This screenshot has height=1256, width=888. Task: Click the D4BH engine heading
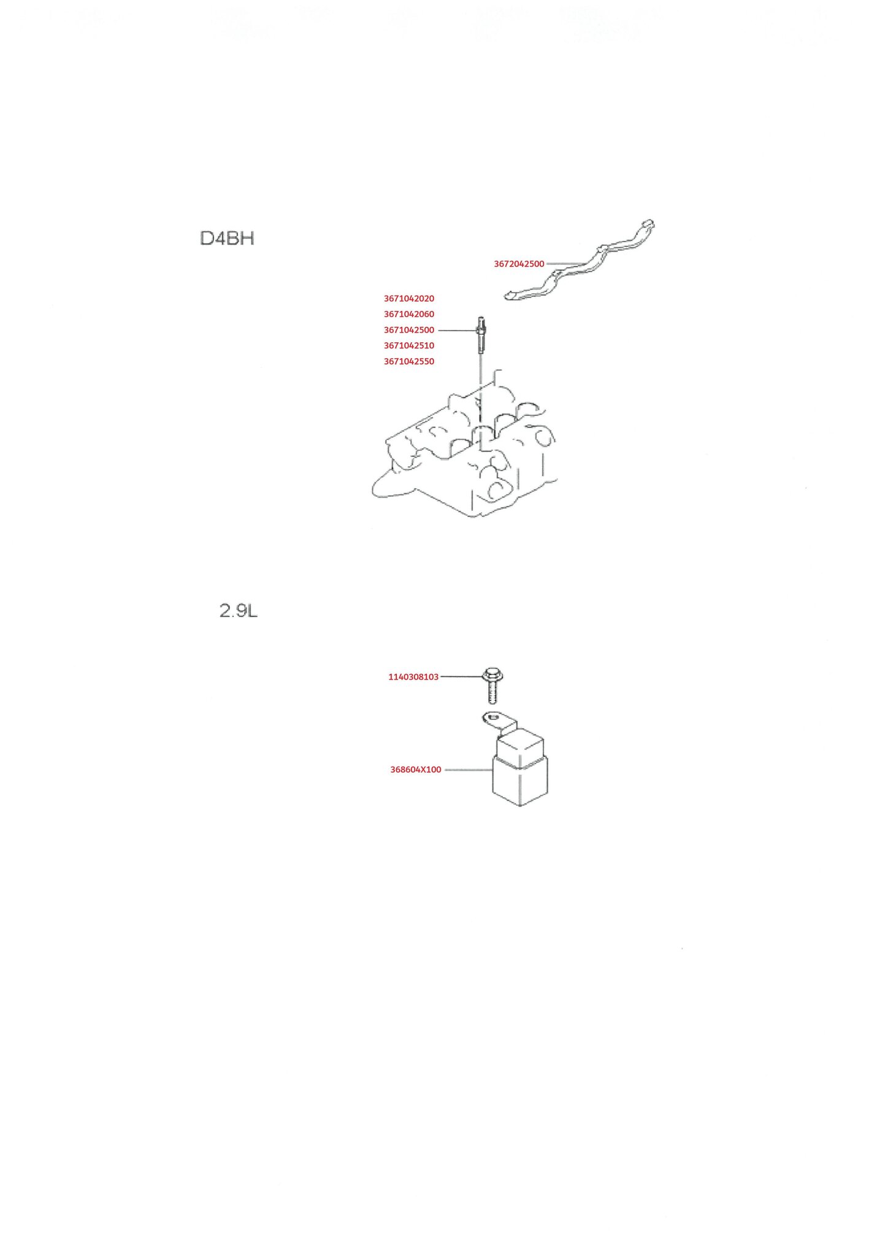click(227, 239)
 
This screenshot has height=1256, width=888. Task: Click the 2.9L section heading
click(239, 611)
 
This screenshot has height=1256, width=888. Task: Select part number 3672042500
click(519, 264)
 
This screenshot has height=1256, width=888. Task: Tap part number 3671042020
click(409, 299)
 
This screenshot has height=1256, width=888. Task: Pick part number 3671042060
click(409, 314)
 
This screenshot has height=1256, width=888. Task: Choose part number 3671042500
click(409, 330)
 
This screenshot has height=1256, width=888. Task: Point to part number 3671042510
click(409, 345)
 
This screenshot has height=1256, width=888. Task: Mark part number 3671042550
click(409, 361)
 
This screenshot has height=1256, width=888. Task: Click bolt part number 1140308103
click(413, 677)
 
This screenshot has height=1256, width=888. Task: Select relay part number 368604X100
click(416, 770)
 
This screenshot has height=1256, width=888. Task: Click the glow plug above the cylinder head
click(481, 336)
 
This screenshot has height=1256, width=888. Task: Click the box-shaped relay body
click(520, 768)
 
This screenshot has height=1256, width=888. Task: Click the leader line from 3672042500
click(564, 264)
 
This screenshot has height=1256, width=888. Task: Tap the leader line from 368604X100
click(469, 770)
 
